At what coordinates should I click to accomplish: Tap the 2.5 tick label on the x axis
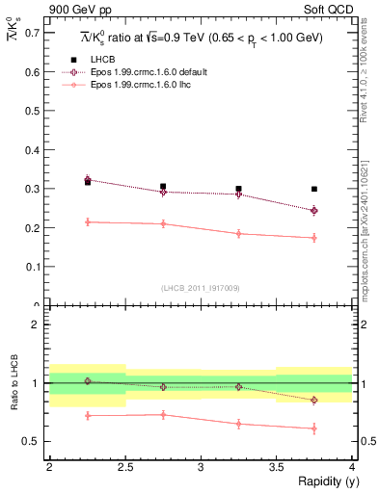click(x=124, y=467)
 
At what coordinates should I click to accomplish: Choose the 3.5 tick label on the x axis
click(x=276, y=467)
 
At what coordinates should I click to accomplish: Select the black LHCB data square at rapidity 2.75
click(x=163, y=187)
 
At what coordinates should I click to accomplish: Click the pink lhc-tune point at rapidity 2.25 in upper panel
click(x=88, y=221)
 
